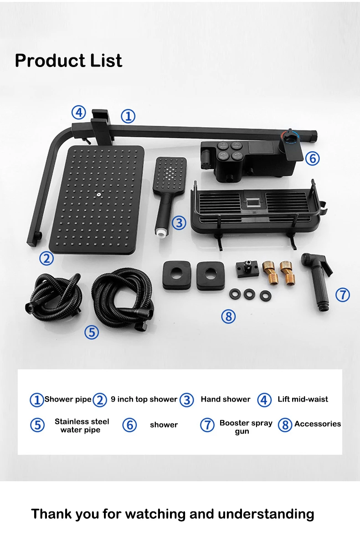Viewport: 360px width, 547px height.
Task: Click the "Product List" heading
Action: click(68, 61)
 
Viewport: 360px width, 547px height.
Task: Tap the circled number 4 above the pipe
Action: click(78, 113)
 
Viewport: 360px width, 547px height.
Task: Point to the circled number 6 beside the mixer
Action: click(313, 159)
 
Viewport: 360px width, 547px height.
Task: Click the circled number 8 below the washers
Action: click(228, 316)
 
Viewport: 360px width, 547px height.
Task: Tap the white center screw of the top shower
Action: click(98, 194)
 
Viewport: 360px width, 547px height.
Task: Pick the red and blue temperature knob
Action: click(290, 135)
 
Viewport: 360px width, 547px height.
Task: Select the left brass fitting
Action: click(270, 272)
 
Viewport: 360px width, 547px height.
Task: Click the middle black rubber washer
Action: click(249, 294)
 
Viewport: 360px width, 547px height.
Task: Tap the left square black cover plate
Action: click(177, 275)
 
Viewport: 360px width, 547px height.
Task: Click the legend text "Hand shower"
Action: click(226, 399)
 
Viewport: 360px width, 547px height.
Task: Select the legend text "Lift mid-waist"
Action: click(303, 399)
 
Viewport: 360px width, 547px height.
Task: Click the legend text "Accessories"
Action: click(318, 423)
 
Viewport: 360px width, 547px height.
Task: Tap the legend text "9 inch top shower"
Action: click(144, 399)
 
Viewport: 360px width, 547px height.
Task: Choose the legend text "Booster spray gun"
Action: click(246, 427)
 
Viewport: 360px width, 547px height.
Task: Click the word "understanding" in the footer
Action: click(266, 514)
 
